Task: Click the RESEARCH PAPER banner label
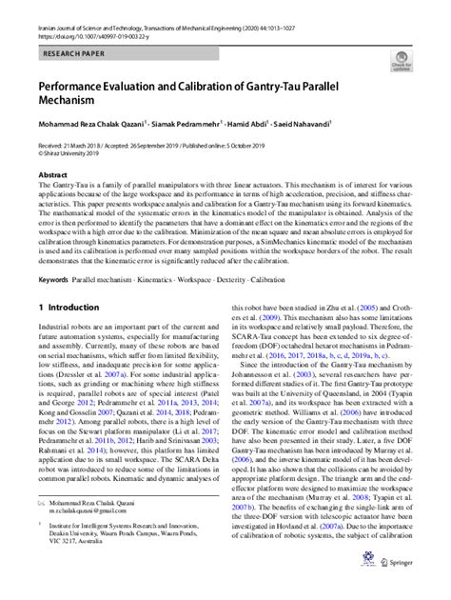(73, 56)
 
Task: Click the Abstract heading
(51, 175)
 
